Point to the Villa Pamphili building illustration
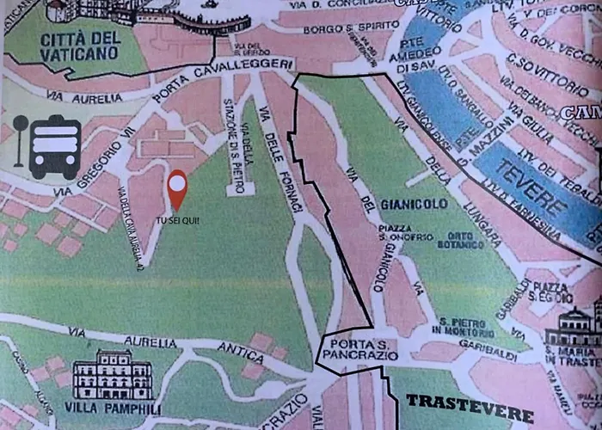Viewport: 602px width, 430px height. click(x=113, y=375)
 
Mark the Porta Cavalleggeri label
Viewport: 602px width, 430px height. click(x=223, y=78)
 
